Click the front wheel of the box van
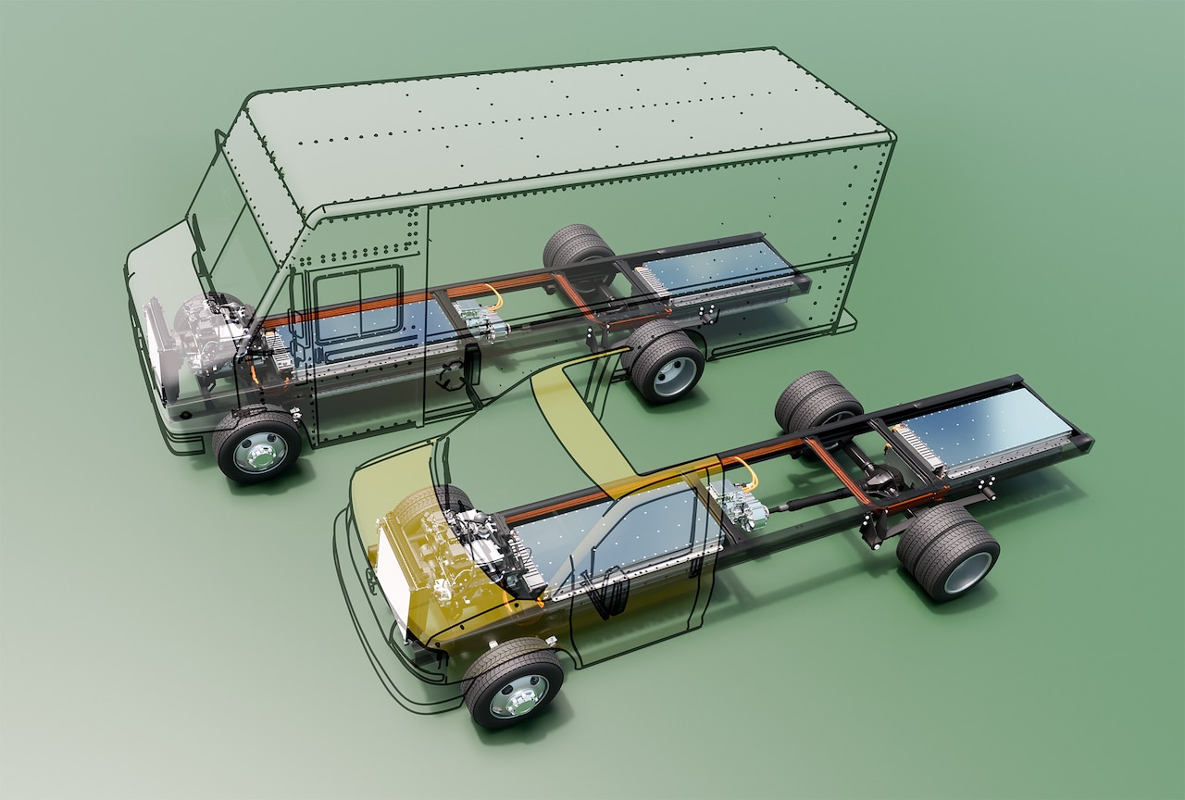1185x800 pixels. (256, 445)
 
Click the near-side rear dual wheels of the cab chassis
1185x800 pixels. (950, 553)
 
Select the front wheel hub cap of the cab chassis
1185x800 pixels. (518, 695)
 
